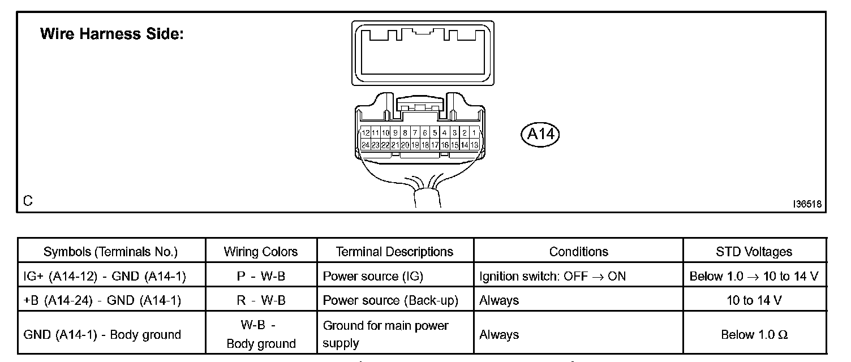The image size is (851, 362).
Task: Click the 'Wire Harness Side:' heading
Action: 112,34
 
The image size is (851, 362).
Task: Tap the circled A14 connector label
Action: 539,134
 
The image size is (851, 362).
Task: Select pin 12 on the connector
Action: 366,133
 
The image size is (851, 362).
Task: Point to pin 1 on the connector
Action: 474,133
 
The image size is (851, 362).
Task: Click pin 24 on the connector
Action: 366,145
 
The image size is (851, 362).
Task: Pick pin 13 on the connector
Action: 474,145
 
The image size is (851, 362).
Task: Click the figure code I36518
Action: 807,204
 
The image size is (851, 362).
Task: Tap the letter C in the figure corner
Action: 28,201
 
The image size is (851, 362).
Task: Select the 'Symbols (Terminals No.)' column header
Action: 111,252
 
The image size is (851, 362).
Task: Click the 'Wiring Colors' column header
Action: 261,252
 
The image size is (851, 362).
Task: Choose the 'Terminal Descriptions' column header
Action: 394,252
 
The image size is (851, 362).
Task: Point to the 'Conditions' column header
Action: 578,252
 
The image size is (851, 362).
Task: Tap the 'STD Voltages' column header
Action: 754,252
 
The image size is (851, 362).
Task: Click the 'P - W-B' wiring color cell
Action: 261,277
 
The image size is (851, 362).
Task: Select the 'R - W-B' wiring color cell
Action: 261,300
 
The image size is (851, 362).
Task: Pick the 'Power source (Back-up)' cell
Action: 390,300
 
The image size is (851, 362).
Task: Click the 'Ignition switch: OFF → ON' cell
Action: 552,277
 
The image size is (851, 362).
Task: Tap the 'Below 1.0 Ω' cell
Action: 754,334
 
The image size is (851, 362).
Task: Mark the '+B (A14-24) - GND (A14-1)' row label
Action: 102,300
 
